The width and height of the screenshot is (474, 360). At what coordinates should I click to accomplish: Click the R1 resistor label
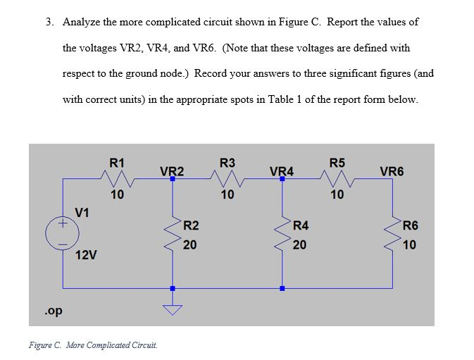[x=118, y=163]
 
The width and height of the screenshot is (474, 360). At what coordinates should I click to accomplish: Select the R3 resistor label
[x=227, y=163]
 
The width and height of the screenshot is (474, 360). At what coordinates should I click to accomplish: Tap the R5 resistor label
[x=337, y=163]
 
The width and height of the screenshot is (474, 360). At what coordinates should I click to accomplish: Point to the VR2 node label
[x=172, y=171]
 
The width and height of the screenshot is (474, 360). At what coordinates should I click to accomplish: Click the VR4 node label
[x=282, y=171]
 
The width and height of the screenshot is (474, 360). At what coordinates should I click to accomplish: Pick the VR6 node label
[x=392, y=171]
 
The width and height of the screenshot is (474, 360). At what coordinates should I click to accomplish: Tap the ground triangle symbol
[x=172, y=308]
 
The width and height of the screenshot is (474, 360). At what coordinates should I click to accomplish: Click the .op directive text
[x=50, y=310]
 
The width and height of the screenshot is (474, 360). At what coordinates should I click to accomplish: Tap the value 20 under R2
[x=189, y=245]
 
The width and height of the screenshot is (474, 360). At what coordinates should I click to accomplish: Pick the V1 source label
[x=83, y=211]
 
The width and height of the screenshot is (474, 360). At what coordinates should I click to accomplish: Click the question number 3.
[x=49, y=22]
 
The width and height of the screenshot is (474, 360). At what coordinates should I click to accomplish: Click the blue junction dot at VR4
[x=282, y=179]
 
